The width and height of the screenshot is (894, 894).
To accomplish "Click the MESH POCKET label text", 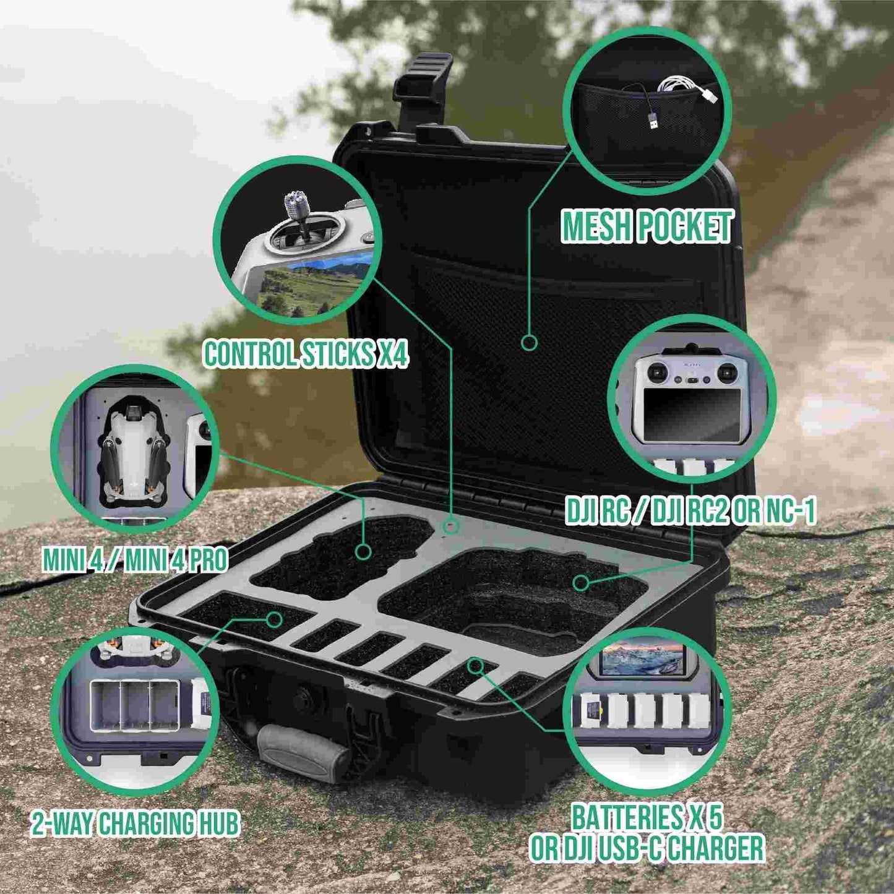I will click(x=647, y=226).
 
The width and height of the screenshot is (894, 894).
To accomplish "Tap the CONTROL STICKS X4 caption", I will click(x=306, y=355).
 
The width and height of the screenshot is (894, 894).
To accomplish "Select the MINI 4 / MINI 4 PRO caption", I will click(x=135, y=560).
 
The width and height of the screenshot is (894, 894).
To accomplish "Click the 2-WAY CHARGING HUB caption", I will click(x=135, y=824).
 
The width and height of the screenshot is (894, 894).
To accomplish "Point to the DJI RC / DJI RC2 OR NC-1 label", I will click(x=690, y=512).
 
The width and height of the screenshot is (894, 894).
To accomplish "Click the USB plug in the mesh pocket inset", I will click(x=653, y=123).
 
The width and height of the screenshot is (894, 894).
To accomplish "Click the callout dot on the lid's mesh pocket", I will click(x=529, y=342).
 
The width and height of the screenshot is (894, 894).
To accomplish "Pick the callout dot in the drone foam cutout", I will click(x=363, y=551).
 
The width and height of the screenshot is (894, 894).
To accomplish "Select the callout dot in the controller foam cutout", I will click(x=580, y=582).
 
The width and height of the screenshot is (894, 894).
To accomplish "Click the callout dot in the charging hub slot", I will click(x=275, y=619).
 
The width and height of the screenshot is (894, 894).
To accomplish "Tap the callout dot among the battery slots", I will click(x=475, y=666).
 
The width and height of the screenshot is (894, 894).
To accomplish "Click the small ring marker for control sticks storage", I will click(x=452, y=527).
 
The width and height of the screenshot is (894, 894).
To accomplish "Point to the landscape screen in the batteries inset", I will click(x=642, y=659).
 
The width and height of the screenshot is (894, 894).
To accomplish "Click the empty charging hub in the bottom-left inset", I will click(x=134, y=706).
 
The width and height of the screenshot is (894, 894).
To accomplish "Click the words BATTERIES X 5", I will click(x=647, y=818).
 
